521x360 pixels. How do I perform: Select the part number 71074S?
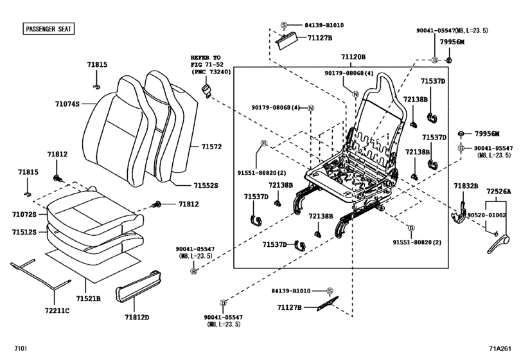click(66, 103)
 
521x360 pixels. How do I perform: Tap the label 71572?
click(211, 147)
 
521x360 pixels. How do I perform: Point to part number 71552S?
click(206, 185)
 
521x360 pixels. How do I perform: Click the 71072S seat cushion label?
click(25, 214)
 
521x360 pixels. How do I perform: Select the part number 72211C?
click(57, 310)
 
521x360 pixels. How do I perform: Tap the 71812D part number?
click(136, 317)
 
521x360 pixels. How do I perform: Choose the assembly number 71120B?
click(353, 57)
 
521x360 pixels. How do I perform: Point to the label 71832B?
click(466, 186)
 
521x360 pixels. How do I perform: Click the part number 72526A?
click(499, 192)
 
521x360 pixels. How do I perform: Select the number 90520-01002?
click(486, 215)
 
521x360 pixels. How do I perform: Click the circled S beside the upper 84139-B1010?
click(283, 25)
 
